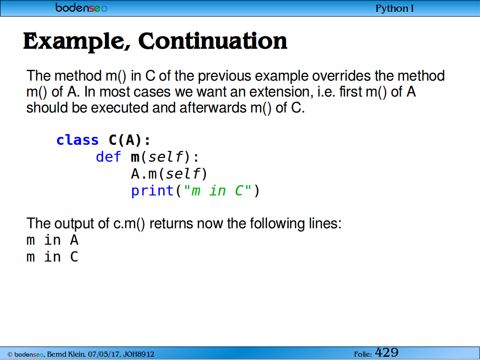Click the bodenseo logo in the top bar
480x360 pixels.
tap(81, 7)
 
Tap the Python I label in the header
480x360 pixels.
tap(395, 8)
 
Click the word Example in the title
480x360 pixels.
tap(76, 42)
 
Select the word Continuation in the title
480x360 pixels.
tap(213, 41)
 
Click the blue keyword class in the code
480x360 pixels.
tap(77, 140)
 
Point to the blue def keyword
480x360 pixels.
tap(108, 157)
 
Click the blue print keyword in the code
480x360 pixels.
tap(152, 191)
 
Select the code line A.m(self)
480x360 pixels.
tap(169, 174)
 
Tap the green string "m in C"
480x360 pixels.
tap(217, 191)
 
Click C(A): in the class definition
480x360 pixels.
tap(130, 140)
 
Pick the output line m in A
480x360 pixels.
tap(52, 240)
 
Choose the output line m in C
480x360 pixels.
tap(52, 257)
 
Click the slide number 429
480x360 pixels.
tap(387, 352)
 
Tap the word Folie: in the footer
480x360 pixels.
tap(363, 354)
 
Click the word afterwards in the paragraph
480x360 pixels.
tap(213, 108)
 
